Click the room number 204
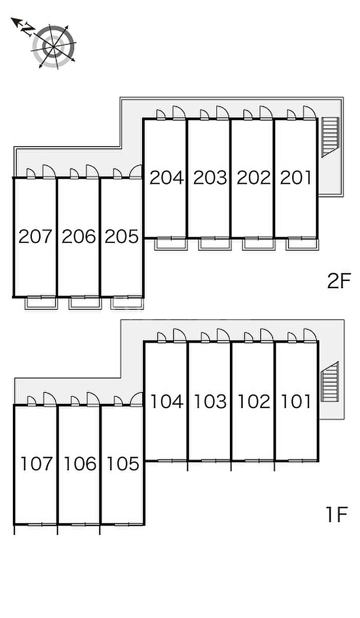coord(167,178)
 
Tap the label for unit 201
coord(296,178)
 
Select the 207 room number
coord(35,236)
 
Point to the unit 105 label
coord(123,464)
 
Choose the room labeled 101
coord(296,401)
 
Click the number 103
coord(210,401)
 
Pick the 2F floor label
coord(339,280)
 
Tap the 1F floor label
coord(336,515)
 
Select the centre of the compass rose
coord(53,47)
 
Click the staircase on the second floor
coord(330,137)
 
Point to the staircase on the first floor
coord(330,381)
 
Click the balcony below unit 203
coord(214,244)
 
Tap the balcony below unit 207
coord(41,303)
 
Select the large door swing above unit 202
coord(266,113)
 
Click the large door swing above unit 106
coord(93,399)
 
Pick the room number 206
coord(79,236)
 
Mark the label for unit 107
coord(37,464)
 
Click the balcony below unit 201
coord(302,244)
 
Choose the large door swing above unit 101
coord(310,335)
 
